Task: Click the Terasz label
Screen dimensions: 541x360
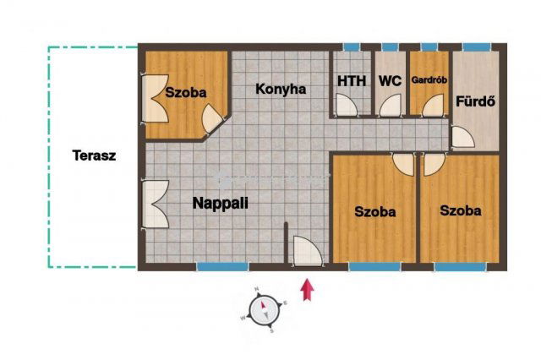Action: [x=94, y=155]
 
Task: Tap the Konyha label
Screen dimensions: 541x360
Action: [x=281, y=89]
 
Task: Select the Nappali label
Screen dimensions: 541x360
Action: [x=221, y=203]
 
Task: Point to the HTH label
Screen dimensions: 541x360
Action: [x=352, y=81]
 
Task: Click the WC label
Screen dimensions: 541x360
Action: [x=391, y=81]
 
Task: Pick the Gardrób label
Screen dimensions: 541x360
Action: [x=429, y=80]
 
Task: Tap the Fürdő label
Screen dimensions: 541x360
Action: [x=476, y=101]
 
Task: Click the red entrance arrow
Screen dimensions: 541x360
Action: [x=308, y=290]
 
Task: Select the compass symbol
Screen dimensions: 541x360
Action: [x=264, y=310]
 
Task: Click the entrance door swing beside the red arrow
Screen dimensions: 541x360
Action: [x=307, y=251]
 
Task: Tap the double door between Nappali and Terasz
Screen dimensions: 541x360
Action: [x=156, y=204]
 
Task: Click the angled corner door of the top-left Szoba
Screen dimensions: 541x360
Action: [x=212, y=119]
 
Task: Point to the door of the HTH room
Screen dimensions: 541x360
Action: [x=346, y=105]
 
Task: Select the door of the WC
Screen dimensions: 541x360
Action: [x=391, y=106]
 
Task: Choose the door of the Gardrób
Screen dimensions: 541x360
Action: [x=433, y=106]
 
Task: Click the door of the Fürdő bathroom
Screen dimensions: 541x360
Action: [x=463, y=137]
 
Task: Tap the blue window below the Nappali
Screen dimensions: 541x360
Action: [x=222, y=266]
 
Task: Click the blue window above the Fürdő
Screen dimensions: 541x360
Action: [x=477, y=47]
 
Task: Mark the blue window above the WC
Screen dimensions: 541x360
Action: [x=391, y=47]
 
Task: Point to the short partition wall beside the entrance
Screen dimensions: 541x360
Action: [x=286, y=243]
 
